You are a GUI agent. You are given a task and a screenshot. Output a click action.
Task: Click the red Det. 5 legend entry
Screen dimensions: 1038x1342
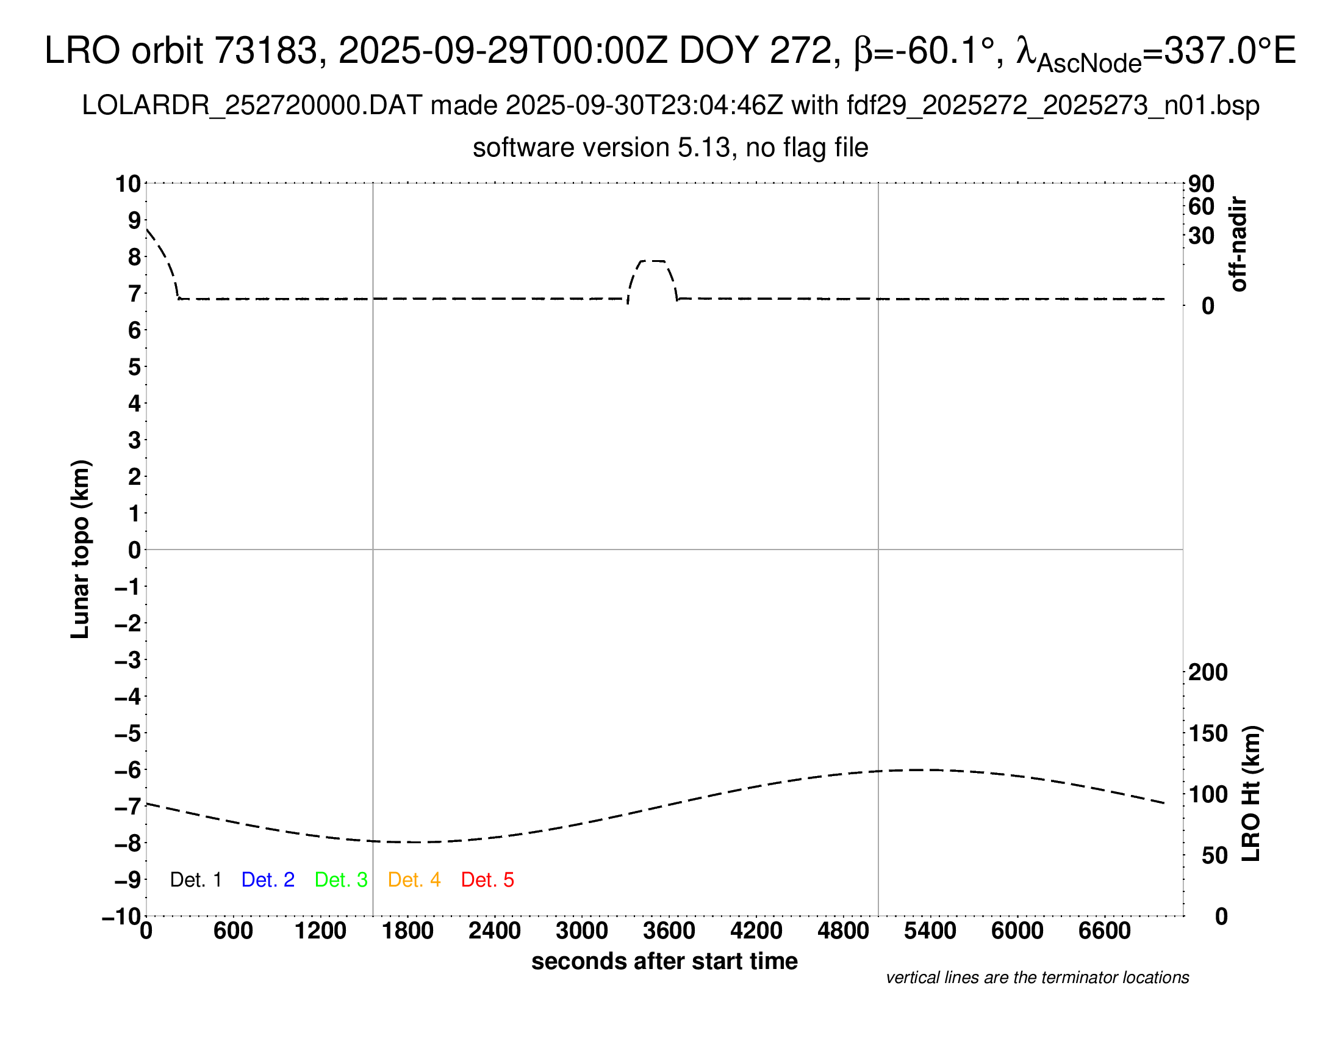pyautogui.click(x=487, y=880)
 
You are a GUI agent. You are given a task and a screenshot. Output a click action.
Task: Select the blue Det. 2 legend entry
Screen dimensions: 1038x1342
pyautogui.click(x=268, y=880)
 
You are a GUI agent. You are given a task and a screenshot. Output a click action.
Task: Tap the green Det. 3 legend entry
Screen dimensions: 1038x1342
pyautogui.click(x=341, y=880)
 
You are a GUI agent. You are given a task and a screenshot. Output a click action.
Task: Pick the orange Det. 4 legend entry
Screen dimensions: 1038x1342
pyautogui.click(x=414, y=880)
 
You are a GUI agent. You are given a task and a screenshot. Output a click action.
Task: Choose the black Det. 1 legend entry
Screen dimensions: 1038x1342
pyautogui.click(x=195, y=880)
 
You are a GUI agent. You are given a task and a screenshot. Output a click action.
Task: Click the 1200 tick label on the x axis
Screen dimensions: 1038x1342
pyautogui.click(x=321, y=931)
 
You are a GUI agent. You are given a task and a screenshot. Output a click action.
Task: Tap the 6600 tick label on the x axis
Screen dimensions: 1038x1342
pyautogui.click(x=1105, y=931)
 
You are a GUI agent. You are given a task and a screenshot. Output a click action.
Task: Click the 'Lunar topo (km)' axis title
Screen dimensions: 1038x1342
pyautogui.click(x=80, y=549)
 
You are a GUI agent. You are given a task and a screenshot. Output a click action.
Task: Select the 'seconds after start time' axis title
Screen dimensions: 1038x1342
pyautogui.click(x=664, y=961)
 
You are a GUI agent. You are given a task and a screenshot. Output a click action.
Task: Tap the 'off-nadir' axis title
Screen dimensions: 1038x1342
pyautogui.click(x=1239, y=244)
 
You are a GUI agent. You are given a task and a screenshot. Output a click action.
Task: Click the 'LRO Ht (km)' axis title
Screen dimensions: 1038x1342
pyautogui.click(x=1251, y=794)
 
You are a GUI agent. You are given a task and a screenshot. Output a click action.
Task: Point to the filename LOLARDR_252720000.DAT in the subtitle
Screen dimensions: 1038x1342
pyautogui.click(x=252, y=106)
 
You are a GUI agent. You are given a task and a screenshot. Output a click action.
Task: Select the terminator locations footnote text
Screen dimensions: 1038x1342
pyautogui.click(x=1037, y=978)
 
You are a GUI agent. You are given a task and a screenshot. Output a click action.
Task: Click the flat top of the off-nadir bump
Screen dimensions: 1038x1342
pyautogui.click(x=652, y=261)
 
